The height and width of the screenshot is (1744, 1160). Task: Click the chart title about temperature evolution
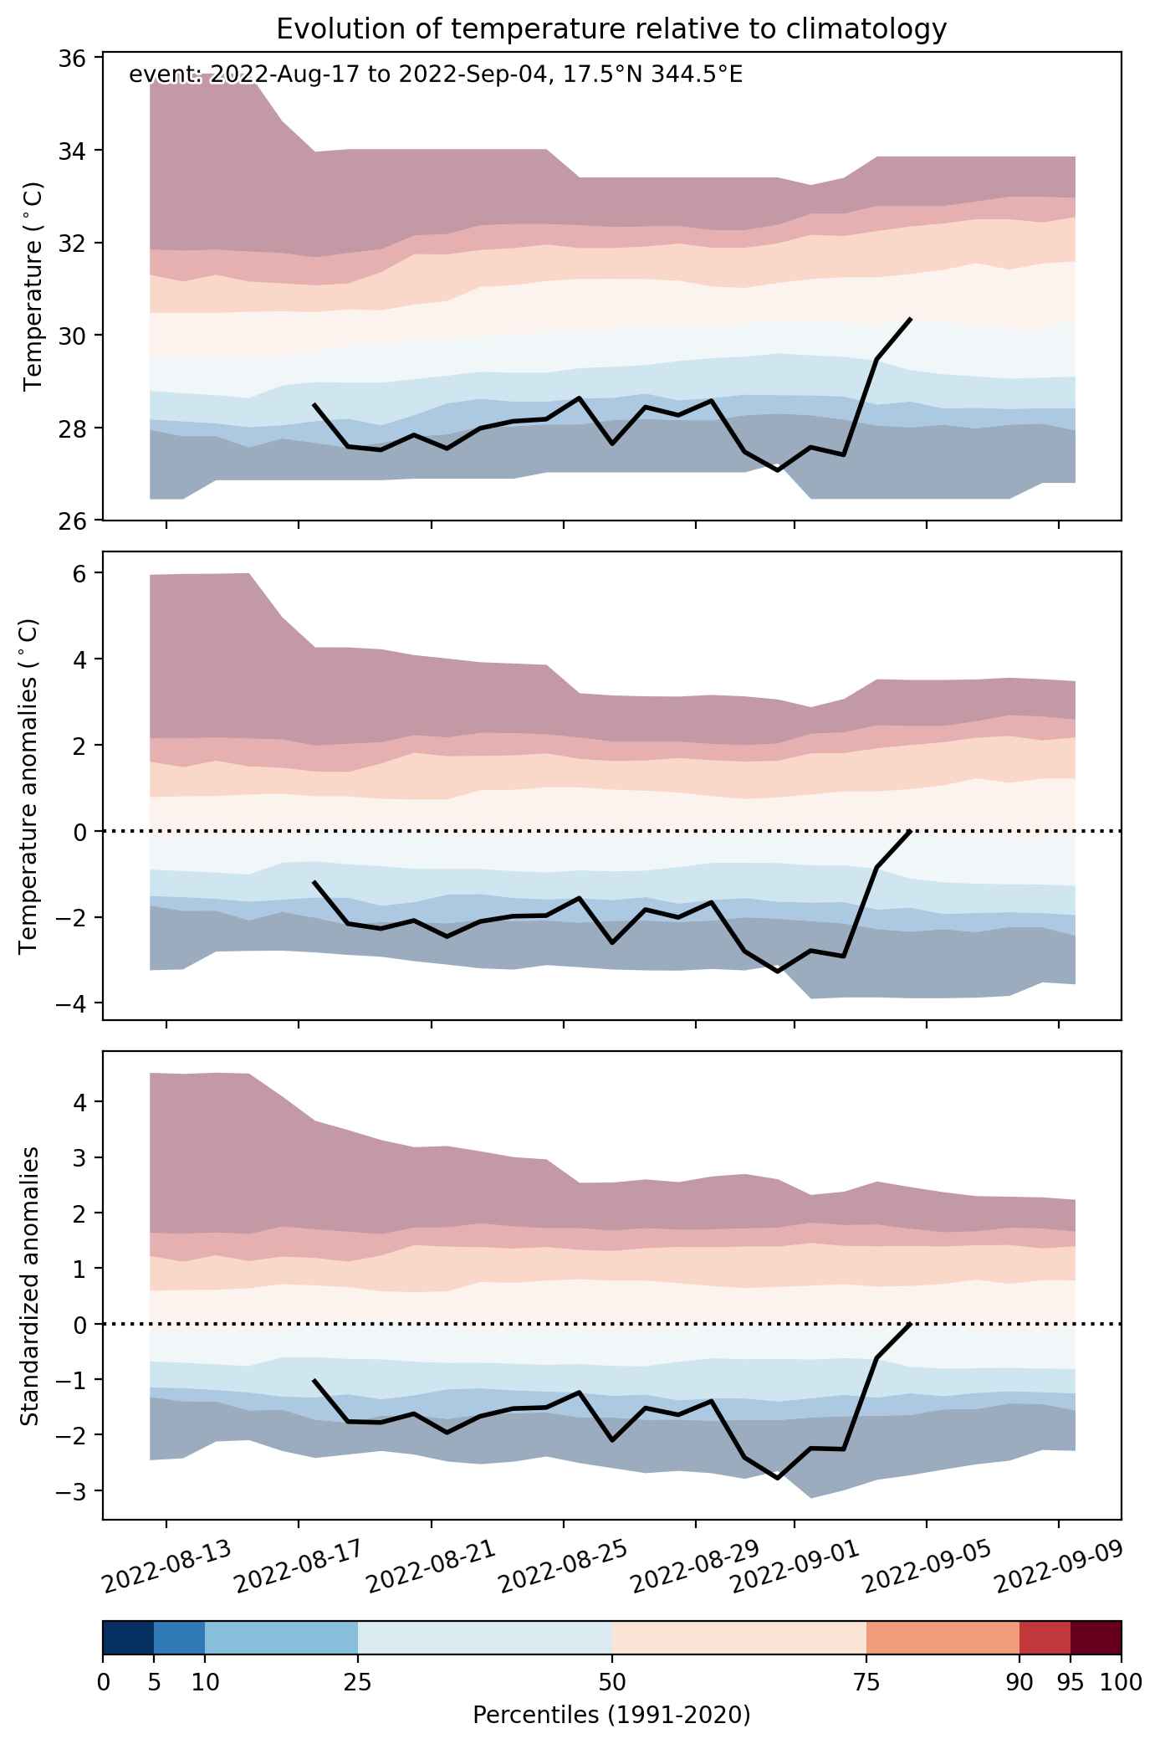pyautogui.click(x=611, y=29)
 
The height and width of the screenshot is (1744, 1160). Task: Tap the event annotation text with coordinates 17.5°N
pyautogui.click(x=436, y=75)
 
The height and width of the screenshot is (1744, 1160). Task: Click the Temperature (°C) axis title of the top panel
pyautogui.click(x=33, y=287)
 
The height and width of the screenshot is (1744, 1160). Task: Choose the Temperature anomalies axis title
pyautogui.click(x=29, y=786)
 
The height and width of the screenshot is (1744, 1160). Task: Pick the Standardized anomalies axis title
pyautogui.click(x=29, y=1286)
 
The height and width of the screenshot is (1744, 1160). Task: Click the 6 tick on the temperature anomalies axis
pyautogui.click(x=86, y=573)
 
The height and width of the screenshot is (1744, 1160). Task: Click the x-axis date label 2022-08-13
pyautogui.click(x=166, y=1567)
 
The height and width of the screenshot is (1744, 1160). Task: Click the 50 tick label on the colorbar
pyautogui.click(x=612, y=1683)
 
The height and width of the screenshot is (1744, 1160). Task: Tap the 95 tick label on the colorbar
pyautogui.click(x=1071, y=1683)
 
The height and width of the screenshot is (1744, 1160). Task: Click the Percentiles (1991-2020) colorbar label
pyautogui.click(x=611, y=1716)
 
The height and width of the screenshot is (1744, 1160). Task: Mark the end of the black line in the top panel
pyautogui.click(x=911, y=318)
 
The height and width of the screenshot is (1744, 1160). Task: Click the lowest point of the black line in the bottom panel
pyautogui.click(x=779, y=1479)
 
